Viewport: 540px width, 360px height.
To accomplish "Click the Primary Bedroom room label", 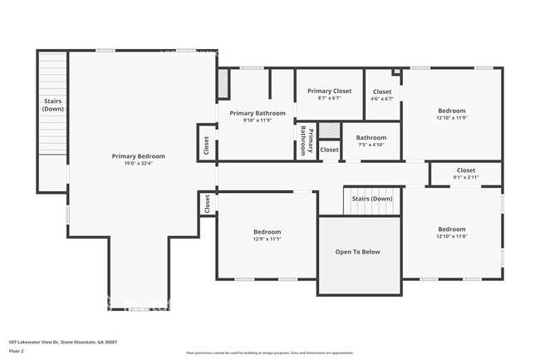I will [139, 156].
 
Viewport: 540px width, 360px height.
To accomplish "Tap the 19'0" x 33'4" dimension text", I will [139, 164].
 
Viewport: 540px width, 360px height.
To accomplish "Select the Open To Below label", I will [357, 252].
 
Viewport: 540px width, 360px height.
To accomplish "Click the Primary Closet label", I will [330, 91].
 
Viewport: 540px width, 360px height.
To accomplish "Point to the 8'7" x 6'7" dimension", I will [330, 98].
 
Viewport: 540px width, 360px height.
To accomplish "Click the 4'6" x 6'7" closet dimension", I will [382, 99].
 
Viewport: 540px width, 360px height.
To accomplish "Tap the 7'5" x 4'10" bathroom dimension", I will [371, 145].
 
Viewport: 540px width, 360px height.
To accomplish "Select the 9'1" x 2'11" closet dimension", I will [466, 177].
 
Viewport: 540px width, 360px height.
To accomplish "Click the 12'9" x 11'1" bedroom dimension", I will [267, 239].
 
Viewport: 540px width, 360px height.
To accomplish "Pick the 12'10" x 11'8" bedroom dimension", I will [452, 237].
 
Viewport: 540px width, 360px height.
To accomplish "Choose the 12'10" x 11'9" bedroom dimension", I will [452, 118].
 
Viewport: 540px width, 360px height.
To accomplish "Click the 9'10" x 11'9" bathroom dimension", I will [258, 121].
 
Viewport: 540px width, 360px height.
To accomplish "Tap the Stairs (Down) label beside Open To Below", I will [372, 200].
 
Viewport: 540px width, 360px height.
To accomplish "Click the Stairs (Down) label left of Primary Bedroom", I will [53, 106].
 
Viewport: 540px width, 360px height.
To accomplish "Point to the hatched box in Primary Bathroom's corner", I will [223, 83].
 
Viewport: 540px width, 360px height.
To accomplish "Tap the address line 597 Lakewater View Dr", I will [63, 342].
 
